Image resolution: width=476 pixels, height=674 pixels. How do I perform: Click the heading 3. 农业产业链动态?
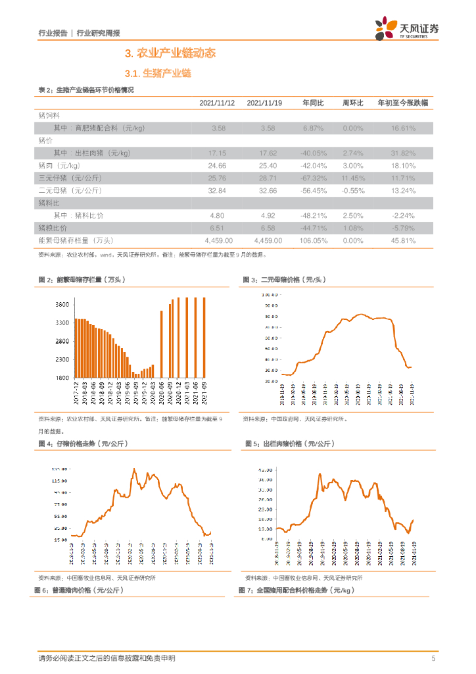tap(170, 53)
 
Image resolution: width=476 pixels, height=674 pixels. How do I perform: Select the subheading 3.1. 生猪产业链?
tap(158, 73)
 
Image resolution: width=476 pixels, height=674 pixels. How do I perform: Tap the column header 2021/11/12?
tap(217, 103)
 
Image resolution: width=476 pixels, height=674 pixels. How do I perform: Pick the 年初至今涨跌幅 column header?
tap(402, 103)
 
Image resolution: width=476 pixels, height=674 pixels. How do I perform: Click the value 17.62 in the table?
tap(264, 153)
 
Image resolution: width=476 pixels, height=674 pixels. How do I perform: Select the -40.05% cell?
tap(313, 153)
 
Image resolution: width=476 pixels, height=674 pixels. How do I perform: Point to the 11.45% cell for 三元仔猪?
tap(353, 178)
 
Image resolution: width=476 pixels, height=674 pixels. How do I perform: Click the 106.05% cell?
tap(313, 240)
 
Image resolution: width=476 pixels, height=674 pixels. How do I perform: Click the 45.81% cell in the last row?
tap(403, 240)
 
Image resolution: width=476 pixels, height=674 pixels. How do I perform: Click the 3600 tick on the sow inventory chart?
tap(62, 305)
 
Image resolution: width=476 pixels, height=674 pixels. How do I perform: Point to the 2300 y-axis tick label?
tap(62, 359)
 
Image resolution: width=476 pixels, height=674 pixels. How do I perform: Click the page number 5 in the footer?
tap(433, 658)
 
